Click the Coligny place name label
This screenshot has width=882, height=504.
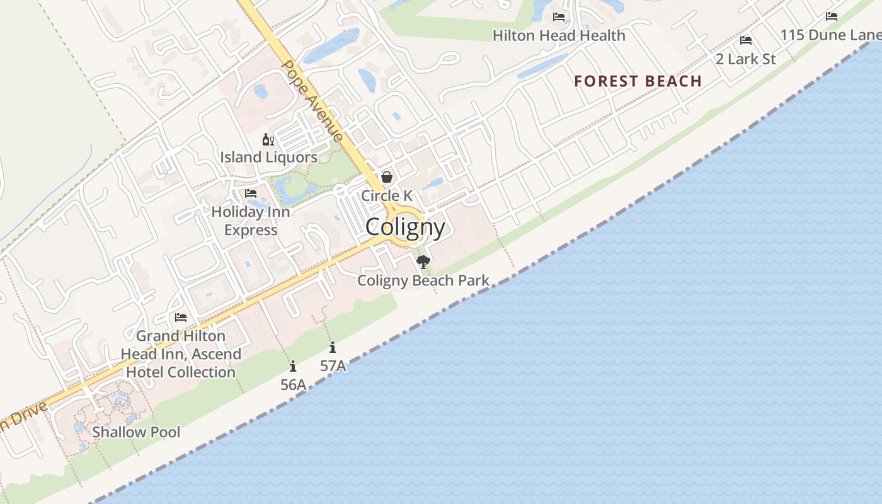405,227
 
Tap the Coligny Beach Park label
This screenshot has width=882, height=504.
423,280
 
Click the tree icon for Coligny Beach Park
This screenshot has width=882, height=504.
423,261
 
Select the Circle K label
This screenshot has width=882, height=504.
386,196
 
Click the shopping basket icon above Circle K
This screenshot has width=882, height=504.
387,177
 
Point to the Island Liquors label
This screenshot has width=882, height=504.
268,157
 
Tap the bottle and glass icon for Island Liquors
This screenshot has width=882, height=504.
268,139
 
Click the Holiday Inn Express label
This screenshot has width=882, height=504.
251,220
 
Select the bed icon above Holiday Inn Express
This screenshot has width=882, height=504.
251,193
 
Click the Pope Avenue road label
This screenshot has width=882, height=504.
312,101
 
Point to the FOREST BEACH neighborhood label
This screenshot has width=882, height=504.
638,81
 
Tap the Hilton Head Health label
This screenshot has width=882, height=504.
559,35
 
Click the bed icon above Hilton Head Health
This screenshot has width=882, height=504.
559,16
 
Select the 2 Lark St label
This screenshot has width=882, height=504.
746,59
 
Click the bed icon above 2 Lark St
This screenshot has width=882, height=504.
746,40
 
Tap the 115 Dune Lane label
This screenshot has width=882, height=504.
830,35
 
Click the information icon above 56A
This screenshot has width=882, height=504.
293,366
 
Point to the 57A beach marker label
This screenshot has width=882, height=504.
333,365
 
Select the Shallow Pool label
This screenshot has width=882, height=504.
136,432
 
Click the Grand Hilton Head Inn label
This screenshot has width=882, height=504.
181,354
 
